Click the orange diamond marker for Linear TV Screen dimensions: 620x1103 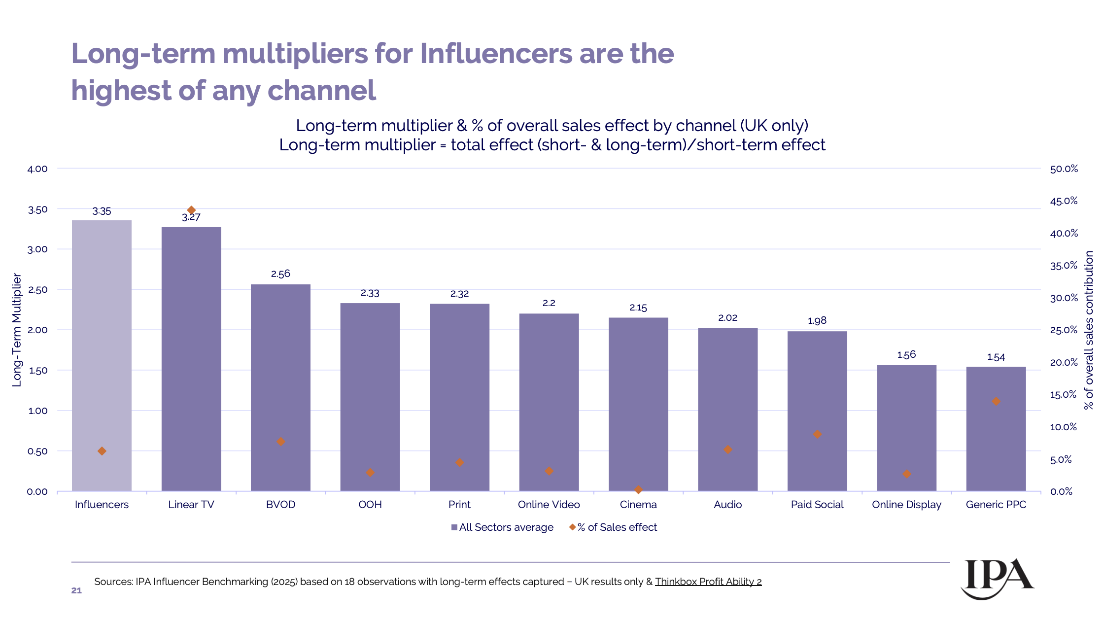191,210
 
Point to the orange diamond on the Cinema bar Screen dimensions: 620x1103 638,490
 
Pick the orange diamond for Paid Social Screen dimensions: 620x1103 817,434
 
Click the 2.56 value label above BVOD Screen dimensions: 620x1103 280,274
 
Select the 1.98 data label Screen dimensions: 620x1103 817,321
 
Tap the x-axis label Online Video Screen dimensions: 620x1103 549,504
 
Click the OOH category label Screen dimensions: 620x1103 370,504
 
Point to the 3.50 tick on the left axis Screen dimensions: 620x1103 37,209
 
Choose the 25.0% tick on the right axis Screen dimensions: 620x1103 1064,330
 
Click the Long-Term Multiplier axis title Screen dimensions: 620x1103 17,330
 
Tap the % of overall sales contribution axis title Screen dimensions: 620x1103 1088,330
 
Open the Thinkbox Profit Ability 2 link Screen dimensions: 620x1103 708,582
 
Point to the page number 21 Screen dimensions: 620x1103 76,590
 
